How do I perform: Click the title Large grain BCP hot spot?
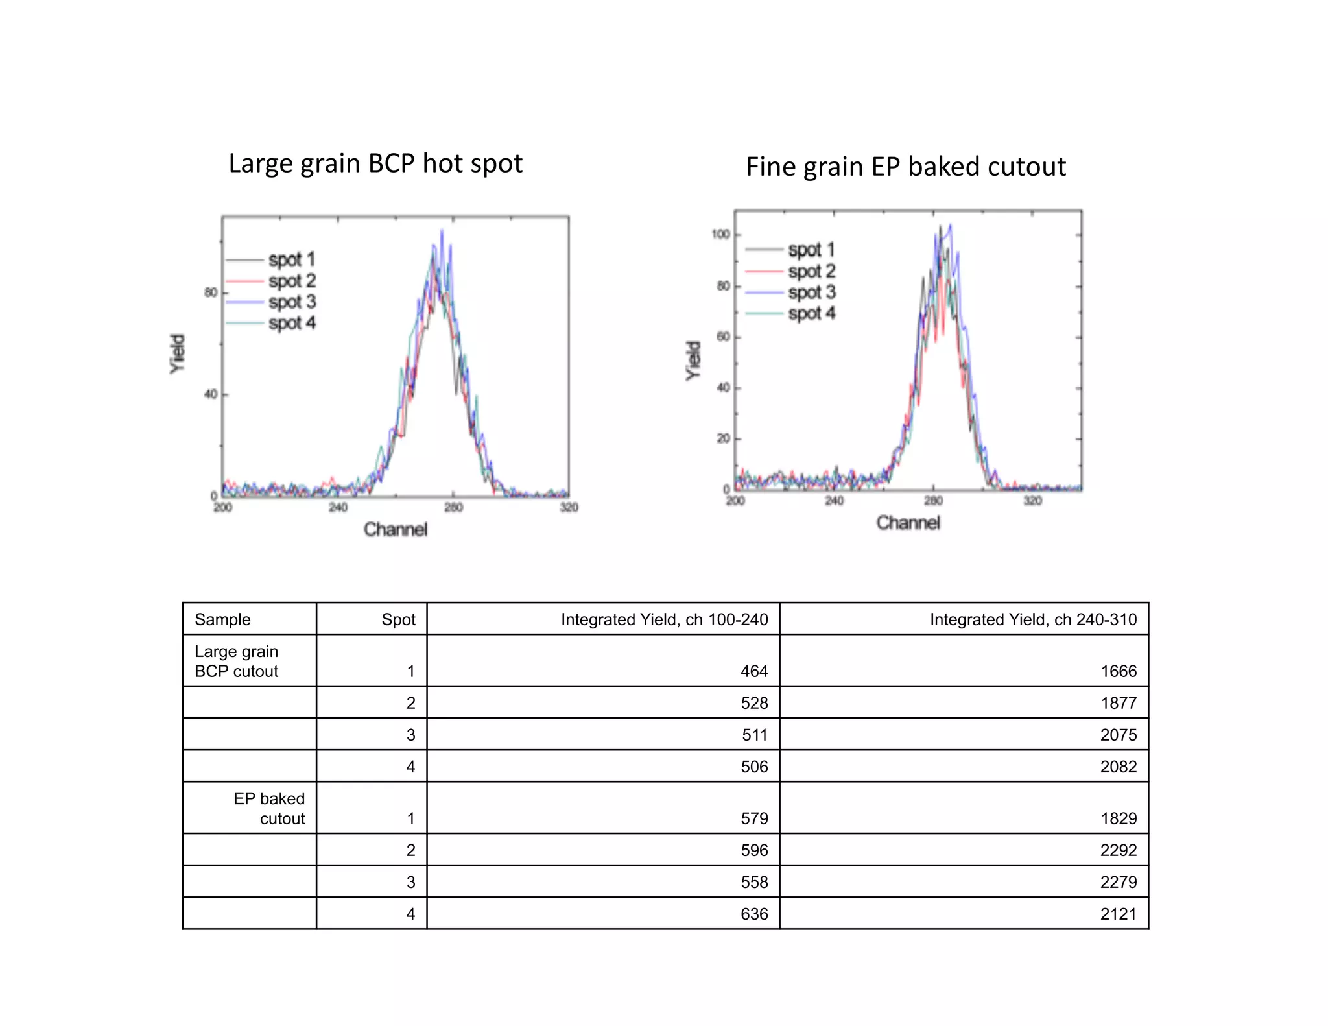click(x=375, y=163)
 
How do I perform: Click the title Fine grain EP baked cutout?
click(x=905, y=167)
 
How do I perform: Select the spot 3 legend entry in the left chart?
click(x=292, y=302)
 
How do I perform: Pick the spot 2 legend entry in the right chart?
click(x=811, y=271)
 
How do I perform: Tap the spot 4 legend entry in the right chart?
click(x=811, y=314)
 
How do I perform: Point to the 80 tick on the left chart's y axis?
click(x=211, y=292)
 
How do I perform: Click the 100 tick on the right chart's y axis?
click(x=720, y=234)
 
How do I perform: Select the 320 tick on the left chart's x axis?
click(x=569, y=507)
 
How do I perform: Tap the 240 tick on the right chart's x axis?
click(x=834, y=501)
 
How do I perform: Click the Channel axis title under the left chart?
click(x=396, y=530)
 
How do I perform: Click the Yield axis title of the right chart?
click(x=694, y=361)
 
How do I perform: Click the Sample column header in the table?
click(x=222, y=619)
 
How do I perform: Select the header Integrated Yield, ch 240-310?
click(x=1032, y=619)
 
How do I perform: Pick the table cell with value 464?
click(x=753, y=671)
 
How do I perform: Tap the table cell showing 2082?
click(x=1118, y=767)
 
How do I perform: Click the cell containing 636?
click(x=753, y=914)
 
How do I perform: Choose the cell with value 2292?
click(x=1118, y=850)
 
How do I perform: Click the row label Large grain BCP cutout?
click(x=237, y=661)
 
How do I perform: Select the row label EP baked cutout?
click(x=270, y=808)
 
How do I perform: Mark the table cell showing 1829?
click(x=1118, y=818)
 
